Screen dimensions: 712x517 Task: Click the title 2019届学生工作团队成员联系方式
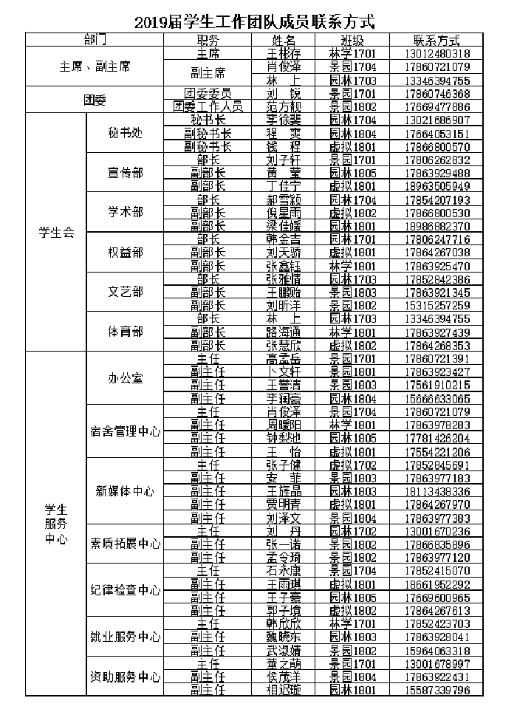pyautogui.click(x=255, y=23)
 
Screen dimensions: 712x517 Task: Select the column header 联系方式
pyautogui.click(x=437, y=41)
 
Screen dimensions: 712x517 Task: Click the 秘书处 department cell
pyautogui.click(x=125, y=133)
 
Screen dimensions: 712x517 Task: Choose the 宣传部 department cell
pyautogui.click(x=125, y=172)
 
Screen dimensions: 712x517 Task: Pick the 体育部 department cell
pyautogui.click(x=125, y=332)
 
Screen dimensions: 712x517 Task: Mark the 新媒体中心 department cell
pyautogui.click(x=125, y=490)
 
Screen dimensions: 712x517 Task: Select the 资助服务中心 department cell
pyautogui.click(x=125, y=677)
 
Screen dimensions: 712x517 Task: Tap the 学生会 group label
pyautogui.click(x=56, y=232)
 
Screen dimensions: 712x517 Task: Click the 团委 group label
pyautogui.click(x=95, y=100)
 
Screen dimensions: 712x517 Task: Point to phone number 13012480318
pyautogui.click(x=437, y=54)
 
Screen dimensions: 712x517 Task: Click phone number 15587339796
pyautogui.click(x=437, y=690)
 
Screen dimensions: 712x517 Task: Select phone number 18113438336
pyautogui.click(x=437, y=491)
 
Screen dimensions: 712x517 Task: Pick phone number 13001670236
pyautogui.click(x=437, y=531)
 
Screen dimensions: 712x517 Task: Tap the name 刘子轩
pyautogui.click(x=281, y=160)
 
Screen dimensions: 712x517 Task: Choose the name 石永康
pyautogui.click(x=281, y=571)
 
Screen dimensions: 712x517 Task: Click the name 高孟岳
pyautogui.click(x=281, y=358)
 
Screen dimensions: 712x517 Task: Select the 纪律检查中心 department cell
pyautogui.click(x=125, y=590)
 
